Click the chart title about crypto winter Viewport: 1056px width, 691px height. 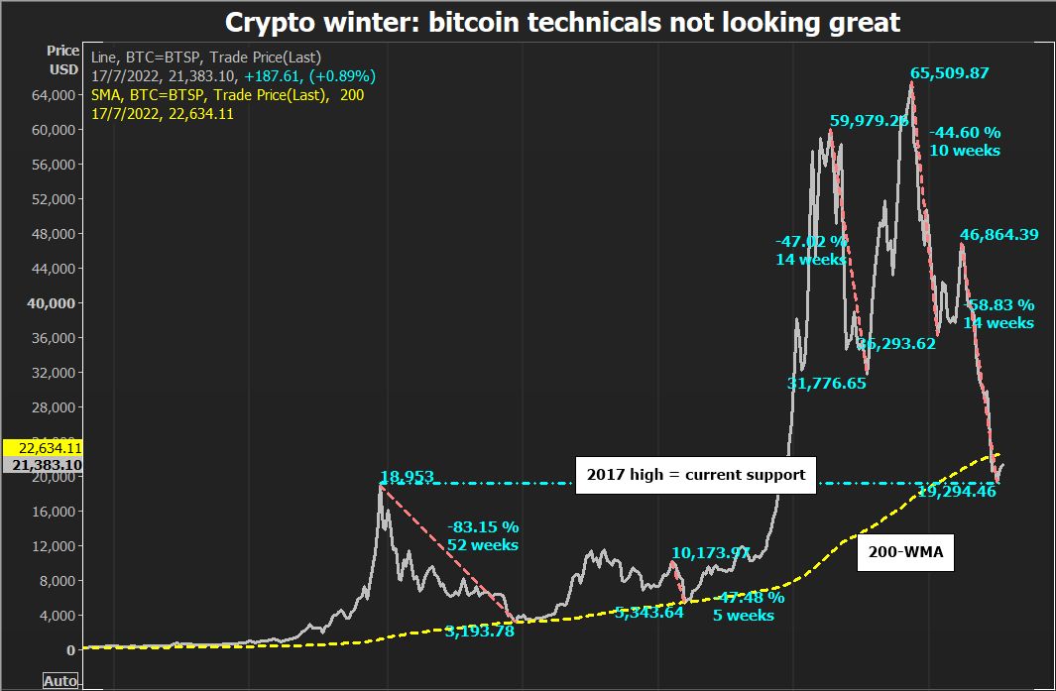[562, 22]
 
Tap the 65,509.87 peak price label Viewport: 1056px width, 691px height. [950, 73]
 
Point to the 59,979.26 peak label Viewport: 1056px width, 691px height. [870, 121]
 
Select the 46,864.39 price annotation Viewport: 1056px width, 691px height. [998, 235]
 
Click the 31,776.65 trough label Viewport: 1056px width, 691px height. [827, 383]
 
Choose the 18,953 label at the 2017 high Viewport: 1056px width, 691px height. [407, 478]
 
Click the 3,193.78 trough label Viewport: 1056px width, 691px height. [479, 630]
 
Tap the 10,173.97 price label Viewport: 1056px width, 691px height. [710, 552]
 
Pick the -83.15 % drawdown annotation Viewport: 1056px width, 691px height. [483, 526]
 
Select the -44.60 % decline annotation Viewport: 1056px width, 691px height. [965, 132]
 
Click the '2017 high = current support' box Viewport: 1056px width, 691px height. [696, 474]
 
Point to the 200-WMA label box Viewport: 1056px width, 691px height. [905, 556]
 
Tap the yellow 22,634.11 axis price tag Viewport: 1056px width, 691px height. [43, 447]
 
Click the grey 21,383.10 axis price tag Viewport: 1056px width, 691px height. [43, 464]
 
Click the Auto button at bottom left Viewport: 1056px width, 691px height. [60, 681]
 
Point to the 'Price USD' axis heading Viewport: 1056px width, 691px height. [63, 59]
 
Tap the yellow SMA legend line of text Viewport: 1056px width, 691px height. [219, 94]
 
